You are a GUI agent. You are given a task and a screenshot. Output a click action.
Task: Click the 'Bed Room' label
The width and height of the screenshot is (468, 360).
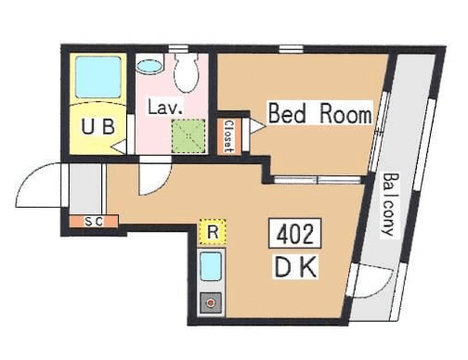320,113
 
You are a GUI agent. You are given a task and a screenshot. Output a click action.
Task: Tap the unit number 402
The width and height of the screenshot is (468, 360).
295,234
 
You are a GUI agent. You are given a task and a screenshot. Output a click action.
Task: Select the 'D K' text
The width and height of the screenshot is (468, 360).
295,267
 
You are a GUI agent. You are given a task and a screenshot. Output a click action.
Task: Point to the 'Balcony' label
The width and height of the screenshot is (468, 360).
389,204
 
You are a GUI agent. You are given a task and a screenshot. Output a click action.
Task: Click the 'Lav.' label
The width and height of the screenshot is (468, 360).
164,108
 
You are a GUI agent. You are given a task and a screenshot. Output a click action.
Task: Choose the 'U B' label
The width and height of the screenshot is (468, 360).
97,126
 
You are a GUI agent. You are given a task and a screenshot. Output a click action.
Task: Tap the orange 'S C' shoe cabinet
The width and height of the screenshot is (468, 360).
94,221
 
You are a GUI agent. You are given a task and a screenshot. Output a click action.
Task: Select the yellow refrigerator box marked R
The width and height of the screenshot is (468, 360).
213,231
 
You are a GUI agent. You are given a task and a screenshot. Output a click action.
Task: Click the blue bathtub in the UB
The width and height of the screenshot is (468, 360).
98,77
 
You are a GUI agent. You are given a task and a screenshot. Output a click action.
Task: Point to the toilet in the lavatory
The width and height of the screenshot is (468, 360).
186,72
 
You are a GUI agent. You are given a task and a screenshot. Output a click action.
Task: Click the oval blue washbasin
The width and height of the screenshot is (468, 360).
149,66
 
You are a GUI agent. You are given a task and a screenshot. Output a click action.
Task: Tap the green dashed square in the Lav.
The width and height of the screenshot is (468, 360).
188,136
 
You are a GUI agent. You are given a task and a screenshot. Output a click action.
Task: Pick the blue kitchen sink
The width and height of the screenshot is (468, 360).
211,266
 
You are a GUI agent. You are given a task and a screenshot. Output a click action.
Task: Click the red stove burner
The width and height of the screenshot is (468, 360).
211,302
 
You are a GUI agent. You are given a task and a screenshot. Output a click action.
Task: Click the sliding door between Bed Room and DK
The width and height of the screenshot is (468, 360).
318,180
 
